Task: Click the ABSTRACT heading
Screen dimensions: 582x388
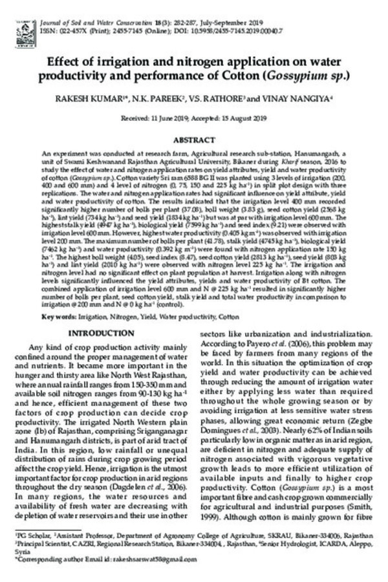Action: (x=193, y=140)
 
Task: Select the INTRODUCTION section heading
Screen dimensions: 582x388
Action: (x=101, y=333)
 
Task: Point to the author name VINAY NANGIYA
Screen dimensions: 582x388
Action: (x=304, y=100)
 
